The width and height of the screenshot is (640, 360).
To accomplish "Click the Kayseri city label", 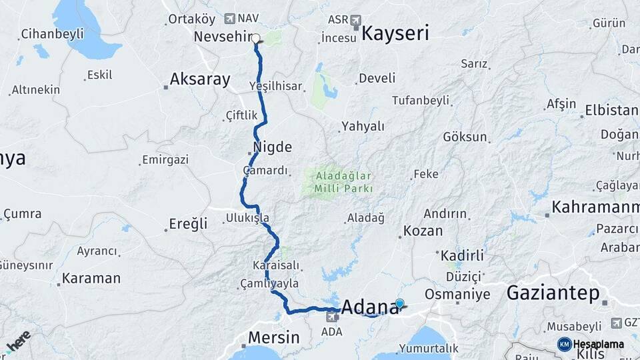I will pos(395,34).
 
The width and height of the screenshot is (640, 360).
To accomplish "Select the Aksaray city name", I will pos(200,79).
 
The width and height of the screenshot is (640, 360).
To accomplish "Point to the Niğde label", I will pos(272,147).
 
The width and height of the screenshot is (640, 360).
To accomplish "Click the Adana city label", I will pos(369,307).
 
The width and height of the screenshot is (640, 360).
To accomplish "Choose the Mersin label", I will pos(273,337).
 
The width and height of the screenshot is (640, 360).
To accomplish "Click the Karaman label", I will pos(91,278).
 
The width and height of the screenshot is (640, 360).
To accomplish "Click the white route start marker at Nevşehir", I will pos(256,38).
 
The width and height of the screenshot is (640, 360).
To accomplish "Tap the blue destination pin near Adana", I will pos(399,304).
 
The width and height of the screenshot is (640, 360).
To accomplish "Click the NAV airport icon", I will pos(231,19).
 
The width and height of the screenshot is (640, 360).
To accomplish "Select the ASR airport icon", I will pos(355,19).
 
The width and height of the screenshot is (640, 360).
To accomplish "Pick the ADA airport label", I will pos(331,331).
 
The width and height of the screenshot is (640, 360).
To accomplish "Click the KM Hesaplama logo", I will pos(590,344).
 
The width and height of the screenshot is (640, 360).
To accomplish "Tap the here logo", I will pos(18,341).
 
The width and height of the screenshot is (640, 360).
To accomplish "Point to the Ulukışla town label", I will pos(247,217).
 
